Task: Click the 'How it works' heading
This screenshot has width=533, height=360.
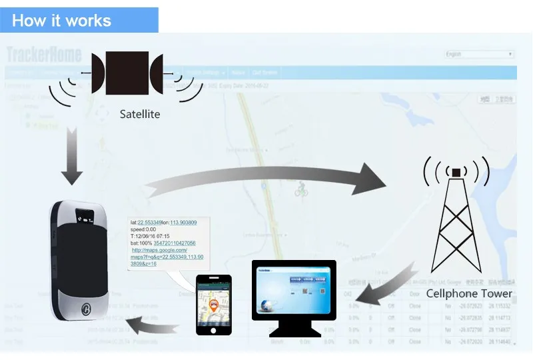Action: tap(61, 21)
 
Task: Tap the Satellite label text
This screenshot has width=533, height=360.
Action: tap(140, 114)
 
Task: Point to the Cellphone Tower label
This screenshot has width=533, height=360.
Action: tap(469, 293)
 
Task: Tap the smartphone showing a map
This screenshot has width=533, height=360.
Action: tap(214, 304)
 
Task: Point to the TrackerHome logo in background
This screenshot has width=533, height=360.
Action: tap(44, 54)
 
